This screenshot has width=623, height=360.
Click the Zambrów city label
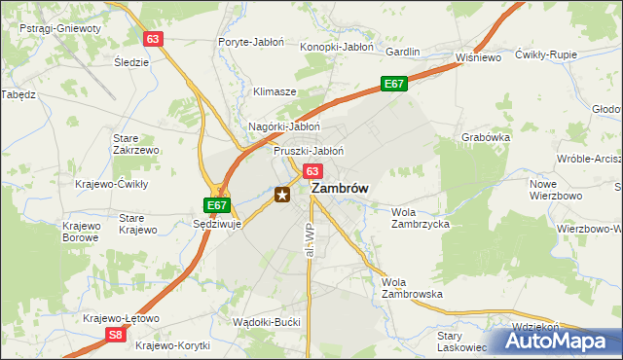[x=340, y=191]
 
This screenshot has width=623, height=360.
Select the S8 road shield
[x=116, y=336]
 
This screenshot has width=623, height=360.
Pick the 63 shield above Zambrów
[x=311, y=170]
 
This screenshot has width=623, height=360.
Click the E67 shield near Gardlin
[x=393, y=85]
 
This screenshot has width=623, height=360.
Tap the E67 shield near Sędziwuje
[x=218, y=205]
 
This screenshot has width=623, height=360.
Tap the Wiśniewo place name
[x=477, y=57]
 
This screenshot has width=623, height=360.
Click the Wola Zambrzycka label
[x=420, y=218]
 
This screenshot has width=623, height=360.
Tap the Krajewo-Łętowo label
[x=122, y=319]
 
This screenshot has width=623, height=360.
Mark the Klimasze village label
[x=275, y=91]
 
